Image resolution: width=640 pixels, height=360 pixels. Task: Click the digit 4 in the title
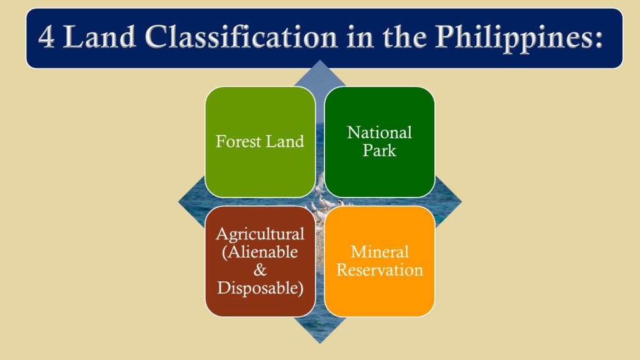tap(46, 38)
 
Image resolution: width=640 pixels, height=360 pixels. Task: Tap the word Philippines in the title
tap(507, 38)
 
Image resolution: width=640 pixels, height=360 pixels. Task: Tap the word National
tap(379, 132)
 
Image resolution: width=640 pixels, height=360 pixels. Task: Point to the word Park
tap(379, 150)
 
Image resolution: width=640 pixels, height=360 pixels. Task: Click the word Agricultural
tap(260, 234)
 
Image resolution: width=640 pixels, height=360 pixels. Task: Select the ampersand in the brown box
tap(260, 271)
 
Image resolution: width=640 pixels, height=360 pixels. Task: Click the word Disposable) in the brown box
tap(260, 288)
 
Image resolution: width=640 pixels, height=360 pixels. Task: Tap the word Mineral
tap(379, 252)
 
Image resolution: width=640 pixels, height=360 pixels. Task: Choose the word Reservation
tap(379, 270)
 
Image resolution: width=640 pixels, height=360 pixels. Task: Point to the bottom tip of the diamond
tap(320, 341)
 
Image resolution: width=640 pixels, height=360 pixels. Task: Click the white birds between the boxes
tap(320, 201)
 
